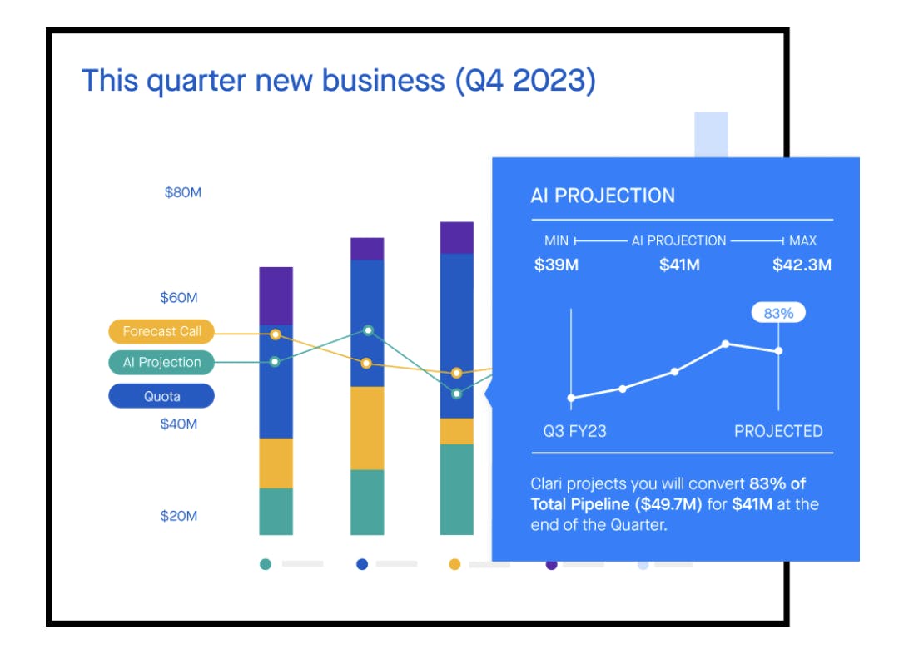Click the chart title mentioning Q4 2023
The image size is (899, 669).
coord(338,81)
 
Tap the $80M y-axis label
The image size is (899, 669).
coord(183,192)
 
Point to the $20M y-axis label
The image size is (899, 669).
coord(179,516)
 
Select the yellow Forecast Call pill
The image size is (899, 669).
coord(161,331)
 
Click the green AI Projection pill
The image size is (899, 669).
coord(161,363)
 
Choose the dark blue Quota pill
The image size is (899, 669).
coord(161,396)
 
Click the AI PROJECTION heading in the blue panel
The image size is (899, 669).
coord(603,196)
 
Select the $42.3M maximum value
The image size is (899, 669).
coord(802,265)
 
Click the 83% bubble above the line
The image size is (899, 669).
coord(778,313)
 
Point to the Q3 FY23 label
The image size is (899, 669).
coord(574,431)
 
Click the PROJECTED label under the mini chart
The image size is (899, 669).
coord(778,431)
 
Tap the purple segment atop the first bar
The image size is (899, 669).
coord(276,295)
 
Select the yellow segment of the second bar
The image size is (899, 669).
coord(367,428)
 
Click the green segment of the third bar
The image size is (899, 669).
coord(456,489)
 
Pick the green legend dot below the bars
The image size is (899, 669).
coord(266,564)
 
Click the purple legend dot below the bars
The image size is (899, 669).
coord(551,564)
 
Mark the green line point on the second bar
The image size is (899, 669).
coord(368,330)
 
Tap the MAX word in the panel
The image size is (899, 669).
coord(803,240)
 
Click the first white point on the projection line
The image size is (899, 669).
coord(571,398)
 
